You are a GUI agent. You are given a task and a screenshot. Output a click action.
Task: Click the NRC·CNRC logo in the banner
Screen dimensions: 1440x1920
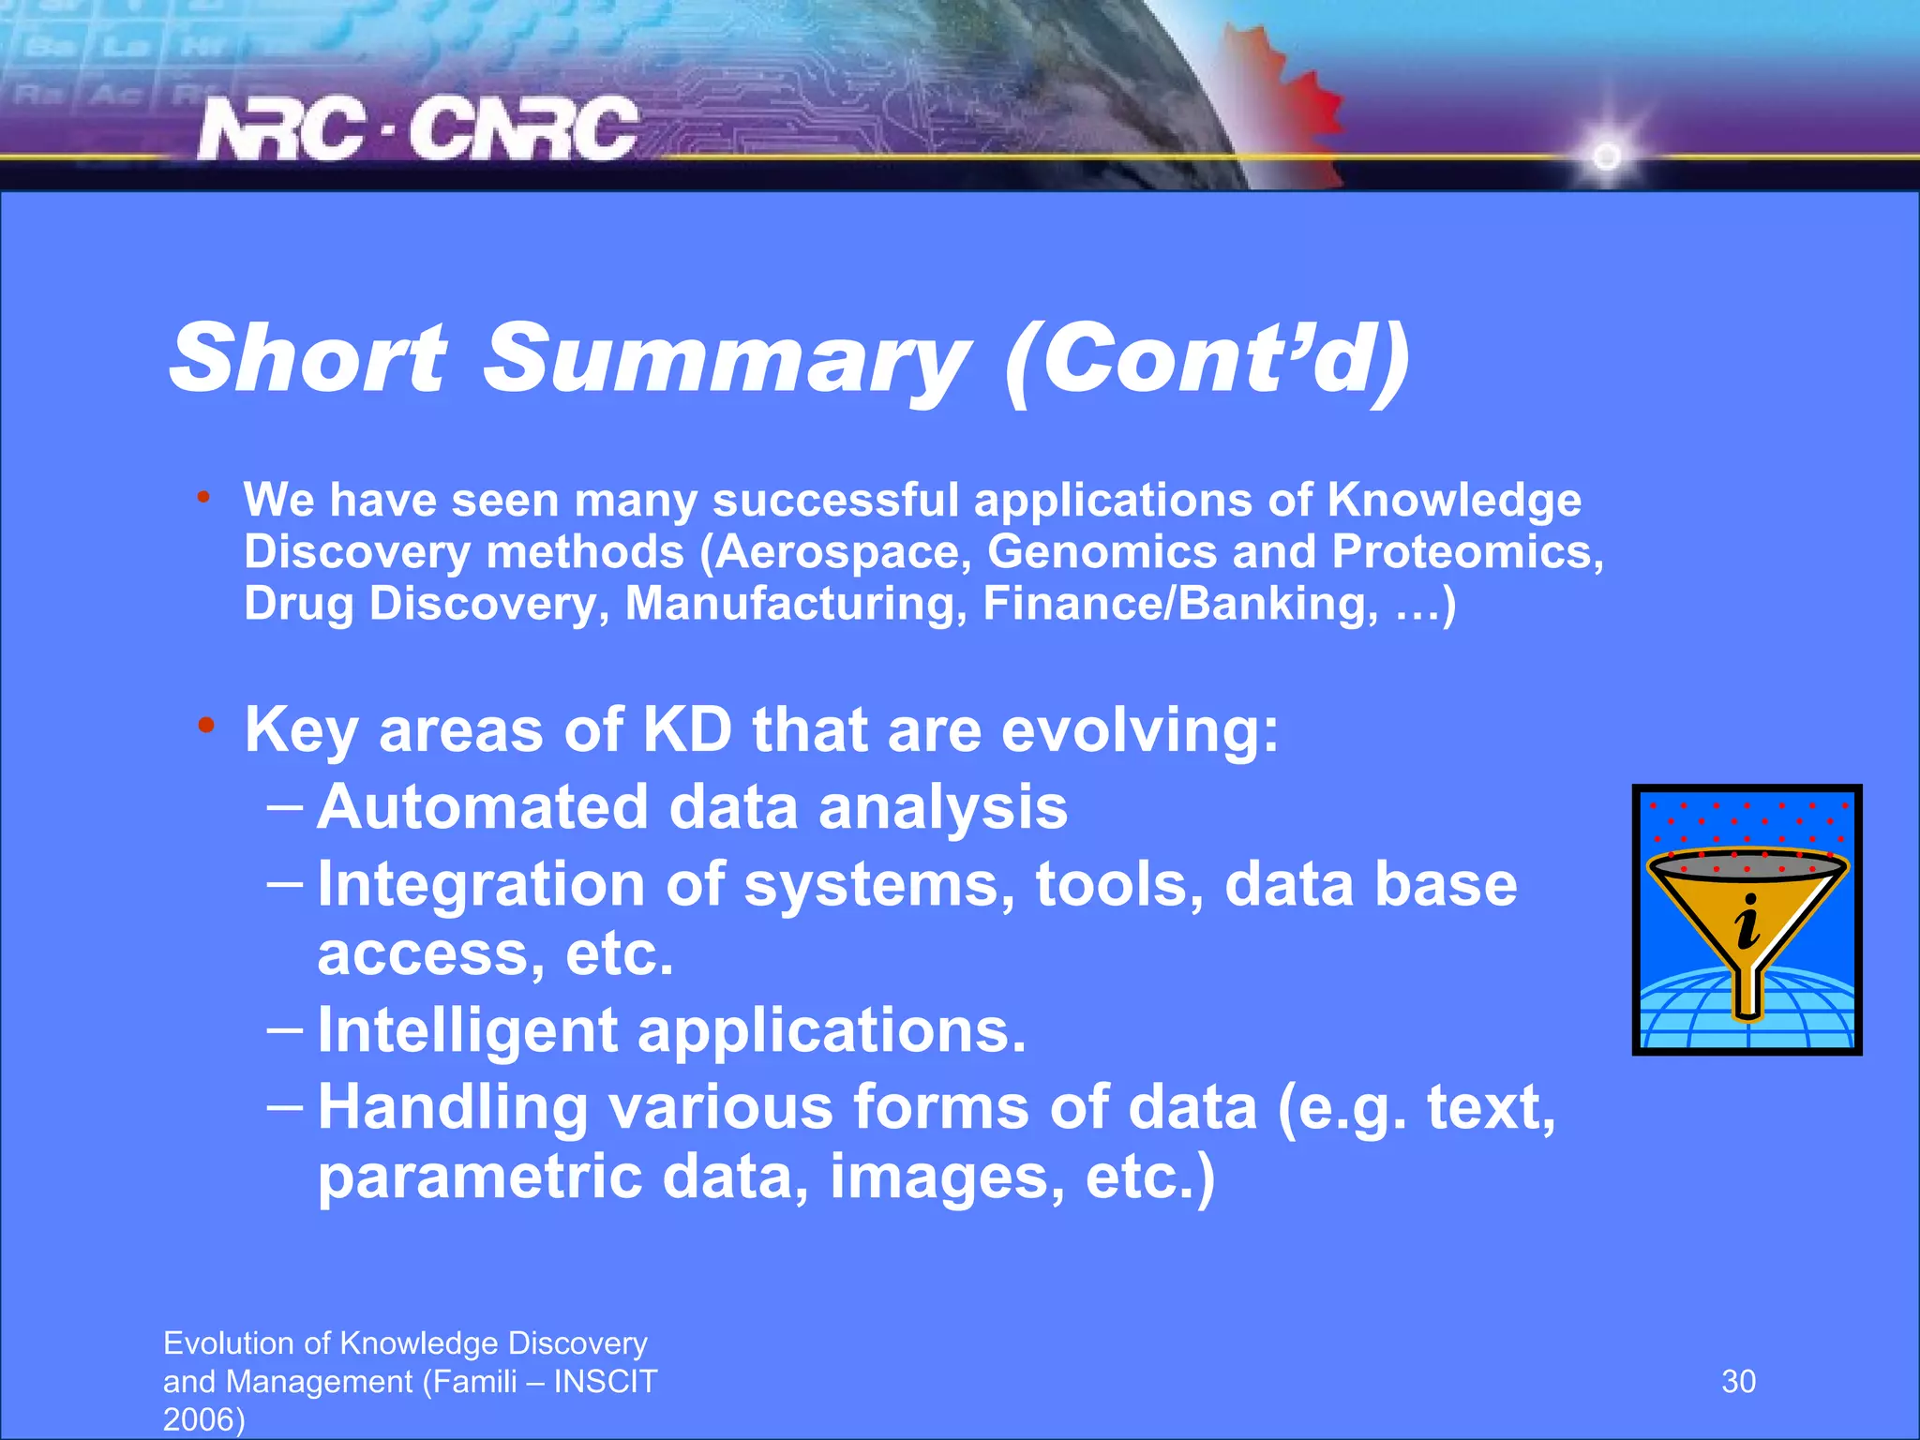[418, 128]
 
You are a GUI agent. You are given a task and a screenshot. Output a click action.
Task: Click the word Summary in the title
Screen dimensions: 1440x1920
[727, 360]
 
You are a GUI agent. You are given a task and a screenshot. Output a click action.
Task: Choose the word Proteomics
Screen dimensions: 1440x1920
[1467, 552]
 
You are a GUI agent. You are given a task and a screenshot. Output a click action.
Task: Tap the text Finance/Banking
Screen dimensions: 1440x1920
[1179, 603]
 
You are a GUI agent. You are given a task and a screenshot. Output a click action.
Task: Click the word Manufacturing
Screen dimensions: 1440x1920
[795, 603]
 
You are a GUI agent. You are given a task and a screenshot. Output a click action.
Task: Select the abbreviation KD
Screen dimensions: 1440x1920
[686, 729]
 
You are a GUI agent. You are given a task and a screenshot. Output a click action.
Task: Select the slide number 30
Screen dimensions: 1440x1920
[1738, 1381]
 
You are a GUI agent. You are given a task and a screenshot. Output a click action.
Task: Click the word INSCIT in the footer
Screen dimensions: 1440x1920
[606, 1381]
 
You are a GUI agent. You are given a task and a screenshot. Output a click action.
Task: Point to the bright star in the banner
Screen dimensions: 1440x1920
[1607, 156]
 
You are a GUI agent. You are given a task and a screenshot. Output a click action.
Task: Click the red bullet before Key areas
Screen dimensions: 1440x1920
[206, 727]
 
